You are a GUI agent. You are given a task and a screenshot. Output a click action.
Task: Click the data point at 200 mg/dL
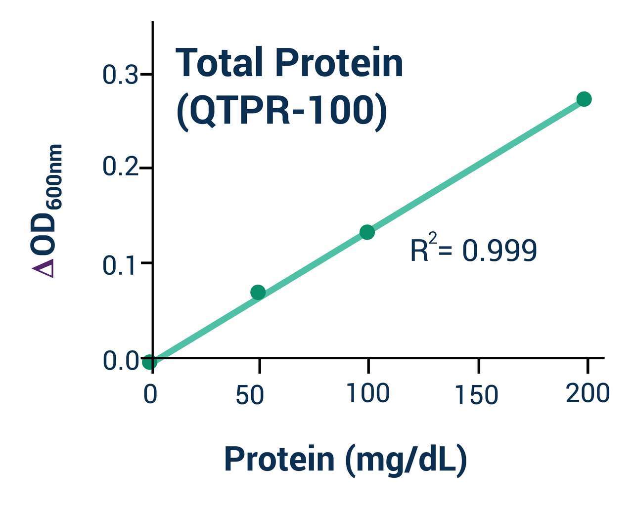coord(584,99)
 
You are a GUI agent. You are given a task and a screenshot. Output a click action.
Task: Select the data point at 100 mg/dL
coord(367,232)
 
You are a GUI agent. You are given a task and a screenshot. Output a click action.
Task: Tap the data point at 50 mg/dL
coord(258,292)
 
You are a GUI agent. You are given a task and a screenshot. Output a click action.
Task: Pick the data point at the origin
coord(149,362)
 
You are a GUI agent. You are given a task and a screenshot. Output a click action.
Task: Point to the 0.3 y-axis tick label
coord(120,75)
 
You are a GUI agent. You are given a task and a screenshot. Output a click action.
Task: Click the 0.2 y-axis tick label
coord(120,167)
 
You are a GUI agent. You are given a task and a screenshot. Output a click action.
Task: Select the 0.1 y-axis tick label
coord(120,265)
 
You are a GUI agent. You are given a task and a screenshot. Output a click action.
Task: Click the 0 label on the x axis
coord(150,395)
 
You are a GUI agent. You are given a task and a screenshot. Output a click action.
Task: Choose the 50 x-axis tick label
coord(250,395)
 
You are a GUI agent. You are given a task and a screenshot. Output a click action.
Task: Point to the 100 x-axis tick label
coord(368,393)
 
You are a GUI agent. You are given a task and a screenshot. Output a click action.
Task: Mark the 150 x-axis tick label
coord(476,395)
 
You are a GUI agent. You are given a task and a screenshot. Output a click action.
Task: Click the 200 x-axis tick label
coord(588,393)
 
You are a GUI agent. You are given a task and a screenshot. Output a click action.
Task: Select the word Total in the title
coord(220,63)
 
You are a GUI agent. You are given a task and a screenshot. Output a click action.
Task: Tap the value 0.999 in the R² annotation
coord(499,251)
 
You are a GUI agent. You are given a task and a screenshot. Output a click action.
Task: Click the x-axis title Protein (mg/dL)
coord(345,459)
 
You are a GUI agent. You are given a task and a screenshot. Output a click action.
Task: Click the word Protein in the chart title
coord(339,63)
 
